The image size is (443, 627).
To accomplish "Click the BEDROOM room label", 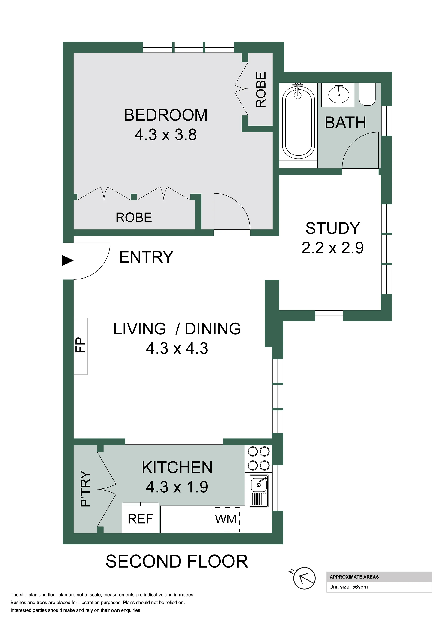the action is point(166,115).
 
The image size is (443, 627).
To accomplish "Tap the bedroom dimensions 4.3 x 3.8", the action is point(166,135).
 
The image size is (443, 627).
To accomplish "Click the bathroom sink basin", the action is point(338,94).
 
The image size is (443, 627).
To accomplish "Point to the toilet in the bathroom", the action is point(367,94).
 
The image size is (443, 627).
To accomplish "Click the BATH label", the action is point(345,123).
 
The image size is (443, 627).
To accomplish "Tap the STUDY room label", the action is point(332,228).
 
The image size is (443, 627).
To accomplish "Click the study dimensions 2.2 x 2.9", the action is point(332,248).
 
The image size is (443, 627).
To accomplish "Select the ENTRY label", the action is point(146,257).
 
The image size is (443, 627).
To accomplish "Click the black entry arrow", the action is point(67,260).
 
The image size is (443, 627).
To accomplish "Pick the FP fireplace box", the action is point(81,346).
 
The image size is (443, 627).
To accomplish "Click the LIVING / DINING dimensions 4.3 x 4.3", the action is point(177,349).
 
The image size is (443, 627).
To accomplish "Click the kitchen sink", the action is point(259,491).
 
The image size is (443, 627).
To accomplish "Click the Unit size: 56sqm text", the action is point(348,587).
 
